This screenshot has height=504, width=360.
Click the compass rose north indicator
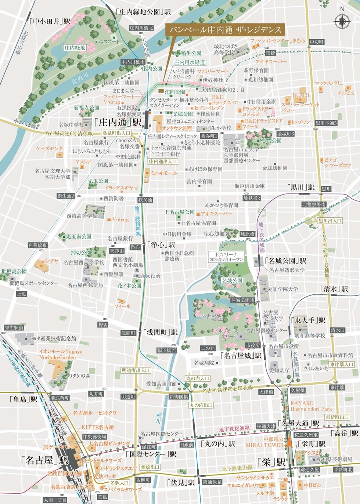click(x=342, y=21)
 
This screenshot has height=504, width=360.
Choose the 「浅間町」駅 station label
click(x=160, y=332)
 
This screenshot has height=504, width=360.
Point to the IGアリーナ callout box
click(x=231, y=256)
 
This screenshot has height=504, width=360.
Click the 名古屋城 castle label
click(x=211, y=316)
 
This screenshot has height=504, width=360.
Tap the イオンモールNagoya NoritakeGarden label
click(x=61, y=354)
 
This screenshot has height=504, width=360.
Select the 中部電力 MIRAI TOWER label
click(x=264, y=442)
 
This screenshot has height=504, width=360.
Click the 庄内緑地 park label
click(x=75, y=48)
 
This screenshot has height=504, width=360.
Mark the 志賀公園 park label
click(x=271, y=141)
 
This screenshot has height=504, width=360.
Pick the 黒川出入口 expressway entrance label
click(x=330, y=221)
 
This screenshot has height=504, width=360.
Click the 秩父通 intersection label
click(x=145, y=200)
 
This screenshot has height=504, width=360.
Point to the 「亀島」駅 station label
click(x=24, y=399)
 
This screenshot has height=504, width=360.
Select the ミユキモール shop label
click(x=163, y=173)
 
